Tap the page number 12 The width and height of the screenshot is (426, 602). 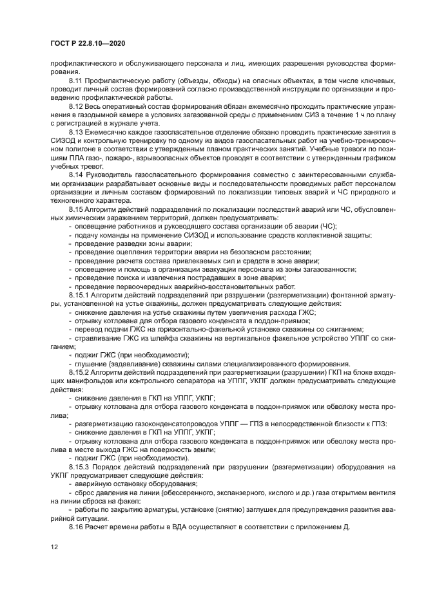[x=54, y=547]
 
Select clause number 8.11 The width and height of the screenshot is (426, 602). [x=77, y=79]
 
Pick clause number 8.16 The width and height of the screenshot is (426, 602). [x=77, y=527]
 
